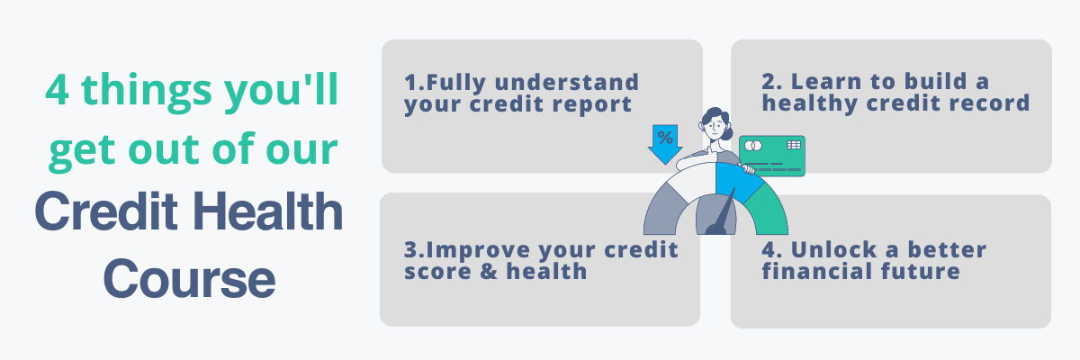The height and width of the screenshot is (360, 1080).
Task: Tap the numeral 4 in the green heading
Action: point(58,94)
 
